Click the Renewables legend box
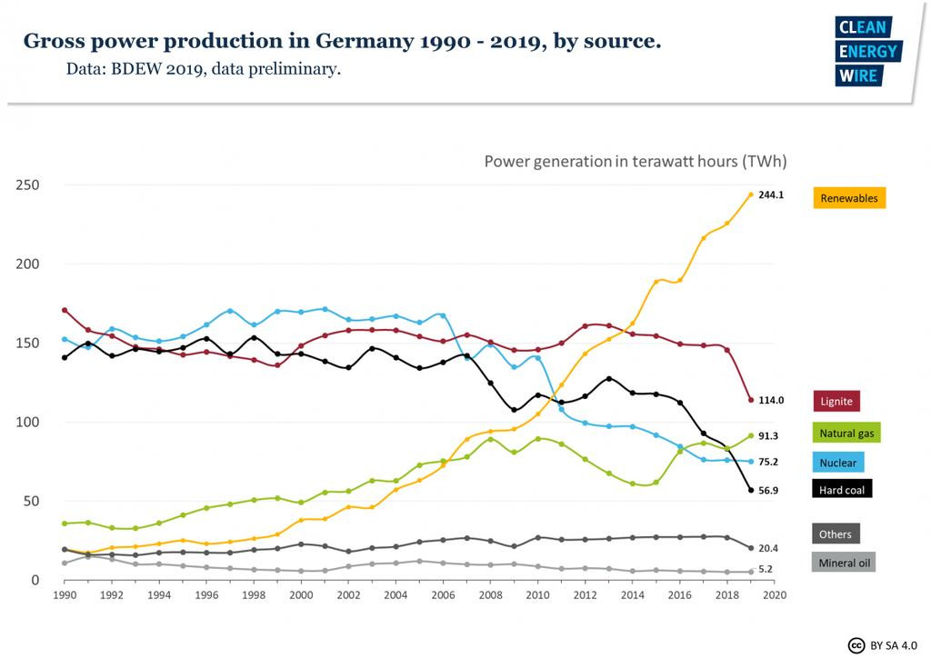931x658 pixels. click(x=848, y=197)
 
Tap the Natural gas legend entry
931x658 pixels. click(x=846, y=434)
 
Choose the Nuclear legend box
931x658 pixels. click(x=837, y=463)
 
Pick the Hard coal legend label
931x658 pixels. click(x=842, y=490)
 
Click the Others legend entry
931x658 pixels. click(x=835, y=533)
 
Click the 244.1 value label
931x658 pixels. click(x=771, y=194)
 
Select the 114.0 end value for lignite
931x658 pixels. click(x=771, y=400)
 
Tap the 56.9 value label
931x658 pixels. click(x=768, y=490)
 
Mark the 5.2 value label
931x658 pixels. click(x=766, y=570)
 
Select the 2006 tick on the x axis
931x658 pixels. click(x=443, y=595)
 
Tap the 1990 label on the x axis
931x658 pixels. click(x=65, y=595)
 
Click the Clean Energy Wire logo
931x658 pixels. click(x=867, y=52)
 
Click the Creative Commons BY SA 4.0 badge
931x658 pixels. click(x=883, y=645)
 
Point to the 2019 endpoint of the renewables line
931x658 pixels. click(x=750, y=194)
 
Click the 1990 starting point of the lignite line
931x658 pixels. click(x=65, y=310)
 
